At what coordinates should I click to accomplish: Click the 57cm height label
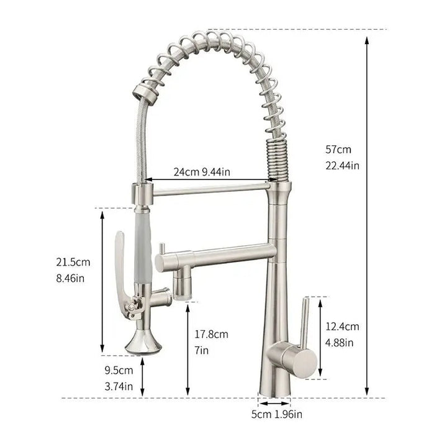click(338, 150)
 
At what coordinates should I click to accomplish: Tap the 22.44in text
click(342, 166)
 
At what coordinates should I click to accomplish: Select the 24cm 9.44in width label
click(202, 172)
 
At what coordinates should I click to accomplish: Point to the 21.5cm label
click(73, 262)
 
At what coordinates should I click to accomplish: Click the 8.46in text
click(70, 278)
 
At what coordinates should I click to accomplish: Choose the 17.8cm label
click(212, 334)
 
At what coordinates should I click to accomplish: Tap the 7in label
click(202, 350)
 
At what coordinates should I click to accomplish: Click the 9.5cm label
click(119, 370)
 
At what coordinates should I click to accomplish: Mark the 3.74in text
click(119, 387)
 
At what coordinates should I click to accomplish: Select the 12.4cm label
click(342, 327)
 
